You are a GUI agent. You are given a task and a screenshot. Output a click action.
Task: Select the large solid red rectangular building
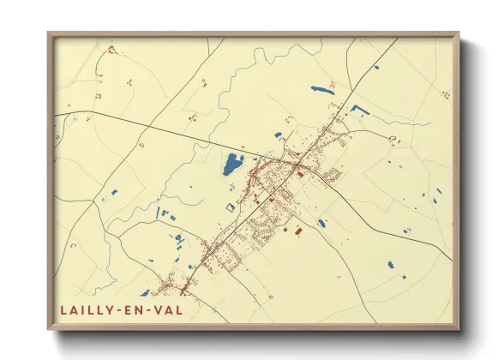tap(297, 231)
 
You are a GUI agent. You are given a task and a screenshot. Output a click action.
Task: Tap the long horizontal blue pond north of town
tap(321, 87)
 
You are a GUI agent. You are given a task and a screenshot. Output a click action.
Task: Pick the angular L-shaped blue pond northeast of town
tap(357, 109)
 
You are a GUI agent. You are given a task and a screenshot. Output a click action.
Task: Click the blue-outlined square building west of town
tap(230, 205)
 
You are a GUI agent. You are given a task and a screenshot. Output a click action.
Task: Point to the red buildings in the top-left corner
tap(110, 51)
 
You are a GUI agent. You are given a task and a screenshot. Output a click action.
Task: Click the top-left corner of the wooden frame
tap(50, 35)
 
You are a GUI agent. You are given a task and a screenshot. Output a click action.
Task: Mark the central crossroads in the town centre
tap(296, 164)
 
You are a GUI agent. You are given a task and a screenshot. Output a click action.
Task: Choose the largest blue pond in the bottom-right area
tap(391, 266)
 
